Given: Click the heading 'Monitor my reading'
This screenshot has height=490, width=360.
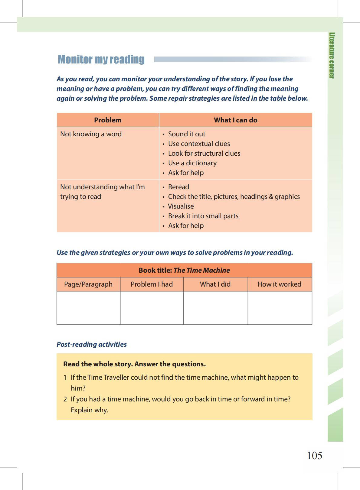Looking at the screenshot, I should click(101, 59).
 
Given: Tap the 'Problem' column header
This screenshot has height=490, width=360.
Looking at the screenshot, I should click(108, 120).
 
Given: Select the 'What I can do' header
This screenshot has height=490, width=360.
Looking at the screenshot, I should click(235, 120).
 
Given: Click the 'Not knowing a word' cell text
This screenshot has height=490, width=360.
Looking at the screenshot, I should click(91, 134).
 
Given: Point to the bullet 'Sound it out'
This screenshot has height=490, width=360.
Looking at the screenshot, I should click(187, 134).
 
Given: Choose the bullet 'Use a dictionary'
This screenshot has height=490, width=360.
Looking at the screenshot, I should click(192, 163).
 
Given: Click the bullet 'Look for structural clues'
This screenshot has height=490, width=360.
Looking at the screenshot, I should click(204, 153).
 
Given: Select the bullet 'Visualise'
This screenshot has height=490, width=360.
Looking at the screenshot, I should click(181, 206).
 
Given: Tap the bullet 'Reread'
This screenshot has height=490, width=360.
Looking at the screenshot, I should click(178, 187).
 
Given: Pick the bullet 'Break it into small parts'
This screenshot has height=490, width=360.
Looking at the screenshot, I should click(203, 216).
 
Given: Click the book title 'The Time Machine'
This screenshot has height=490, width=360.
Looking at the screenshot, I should click(201, 270).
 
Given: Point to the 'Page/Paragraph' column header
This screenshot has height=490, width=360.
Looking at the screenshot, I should click(88, 284).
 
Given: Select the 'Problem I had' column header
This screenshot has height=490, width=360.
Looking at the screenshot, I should click(152, 284).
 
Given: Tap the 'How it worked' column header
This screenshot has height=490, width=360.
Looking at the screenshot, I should click(279, 284).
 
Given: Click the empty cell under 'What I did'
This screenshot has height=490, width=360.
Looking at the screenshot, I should click(215, 308).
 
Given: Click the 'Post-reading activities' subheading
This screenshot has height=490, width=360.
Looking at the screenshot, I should click(92, 344).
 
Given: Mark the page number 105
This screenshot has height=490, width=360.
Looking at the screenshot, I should click(315, 455).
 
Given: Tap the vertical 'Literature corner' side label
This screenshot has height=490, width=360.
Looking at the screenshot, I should click(332, 55).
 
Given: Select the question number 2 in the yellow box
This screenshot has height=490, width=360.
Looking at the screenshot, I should click(65, 399).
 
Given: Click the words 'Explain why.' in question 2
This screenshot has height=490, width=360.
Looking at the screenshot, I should click(90, 410).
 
